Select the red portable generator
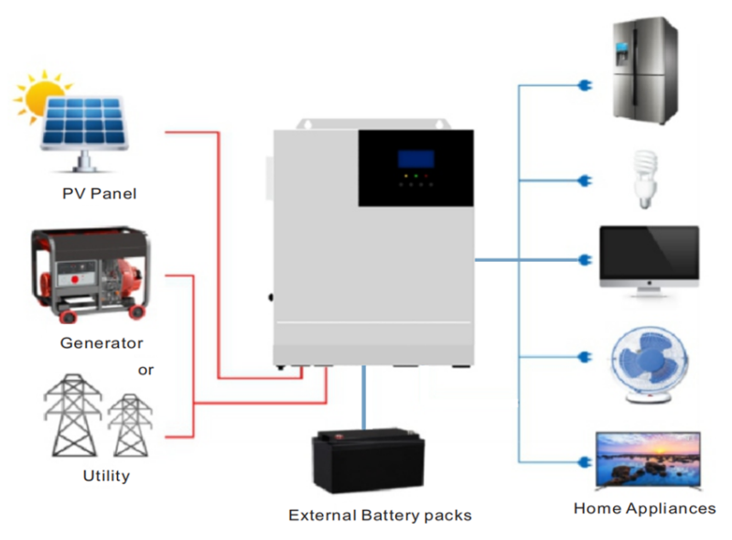[91, 274]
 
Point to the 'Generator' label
[102, 343]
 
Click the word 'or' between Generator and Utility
[146, 370]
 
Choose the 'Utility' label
[106, 475]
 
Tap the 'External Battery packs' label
[380, 515]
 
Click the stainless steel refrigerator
[644, 73]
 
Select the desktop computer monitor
[649, 260]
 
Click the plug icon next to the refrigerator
[581, 87]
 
